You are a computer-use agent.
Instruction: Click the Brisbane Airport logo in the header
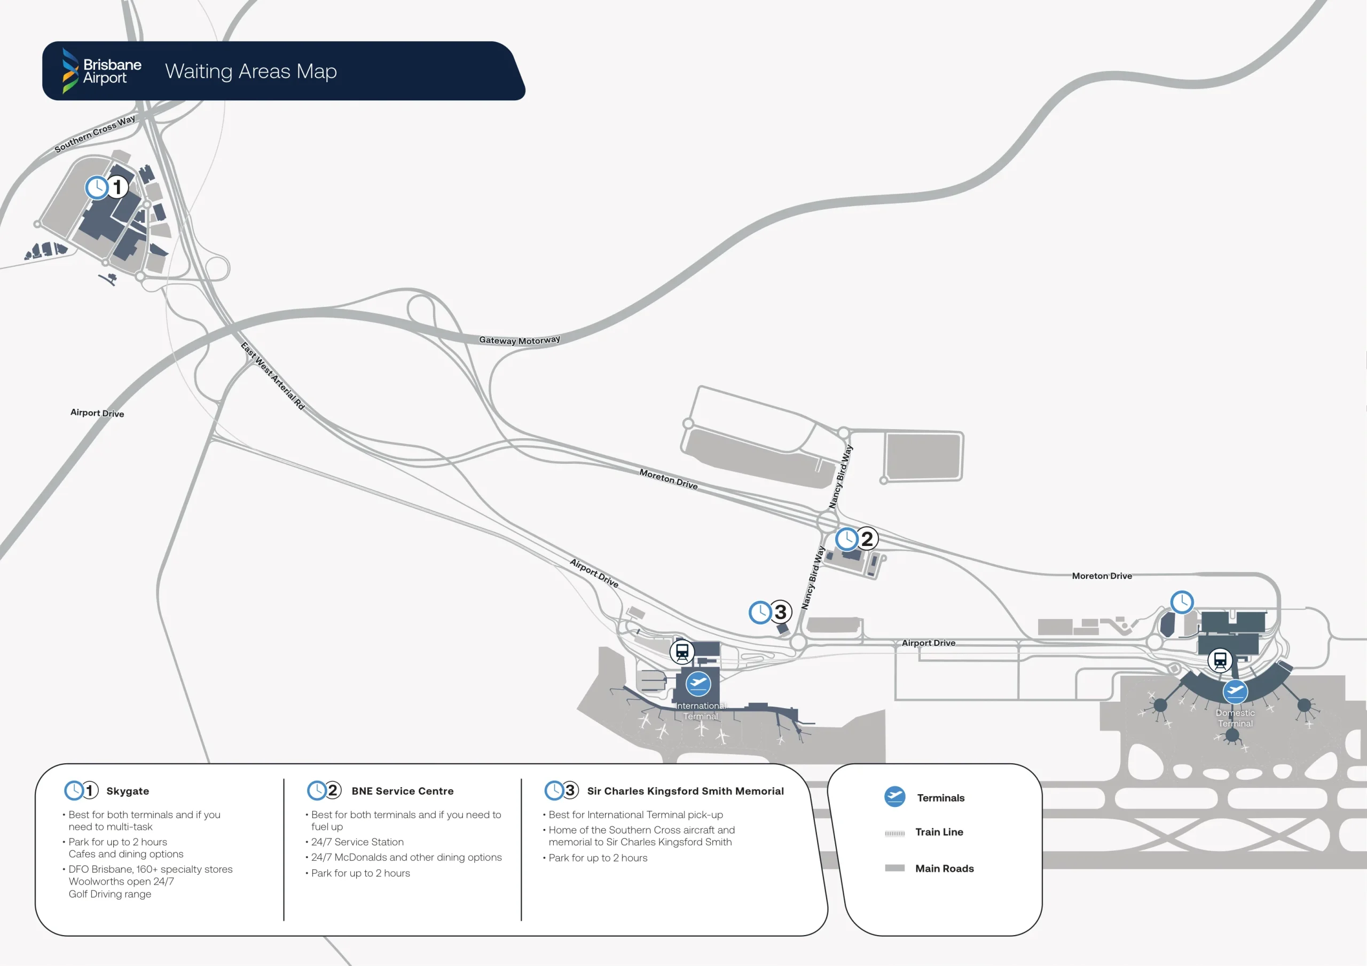point(102,71)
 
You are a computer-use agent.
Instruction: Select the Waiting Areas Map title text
point(250,72)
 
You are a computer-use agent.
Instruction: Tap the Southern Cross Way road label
point(95,134)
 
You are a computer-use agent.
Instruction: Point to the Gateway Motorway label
point(519,340)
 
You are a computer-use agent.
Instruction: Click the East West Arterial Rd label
point(273,376)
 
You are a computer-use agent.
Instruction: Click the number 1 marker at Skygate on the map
point(117,187)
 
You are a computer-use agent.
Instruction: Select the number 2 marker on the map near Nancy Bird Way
point(867,539)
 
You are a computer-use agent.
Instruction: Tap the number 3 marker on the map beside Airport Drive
point(781,612)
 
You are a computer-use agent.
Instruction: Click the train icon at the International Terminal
point(682,652)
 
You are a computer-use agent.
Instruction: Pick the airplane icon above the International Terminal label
point(698,683)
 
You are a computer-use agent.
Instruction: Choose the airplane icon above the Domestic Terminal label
point(1236,691)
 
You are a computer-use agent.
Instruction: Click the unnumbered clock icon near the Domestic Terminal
point(1182,601)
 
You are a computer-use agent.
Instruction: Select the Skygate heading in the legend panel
point(128,791)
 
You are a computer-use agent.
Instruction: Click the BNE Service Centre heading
point(403,791)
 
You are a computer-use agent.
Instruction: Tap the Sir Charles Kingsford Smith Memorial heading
point(685,791)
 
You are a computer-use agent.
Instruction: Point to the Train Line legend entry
point(939,832)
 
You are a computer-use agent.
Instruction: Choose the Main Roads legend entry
point(944,868)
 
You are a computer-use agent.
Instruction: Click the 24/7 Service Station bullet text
point(357,842)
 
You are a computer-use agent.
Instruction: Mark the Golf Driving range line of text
point(109,894)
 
